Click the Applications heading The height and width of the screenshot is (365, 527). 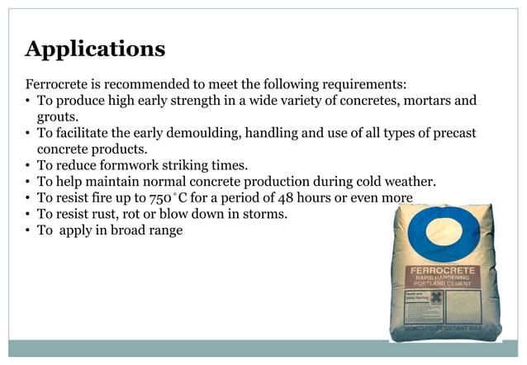[x=95, y=49]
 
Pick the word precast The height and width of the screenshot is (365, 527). [x=453, y=133]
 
